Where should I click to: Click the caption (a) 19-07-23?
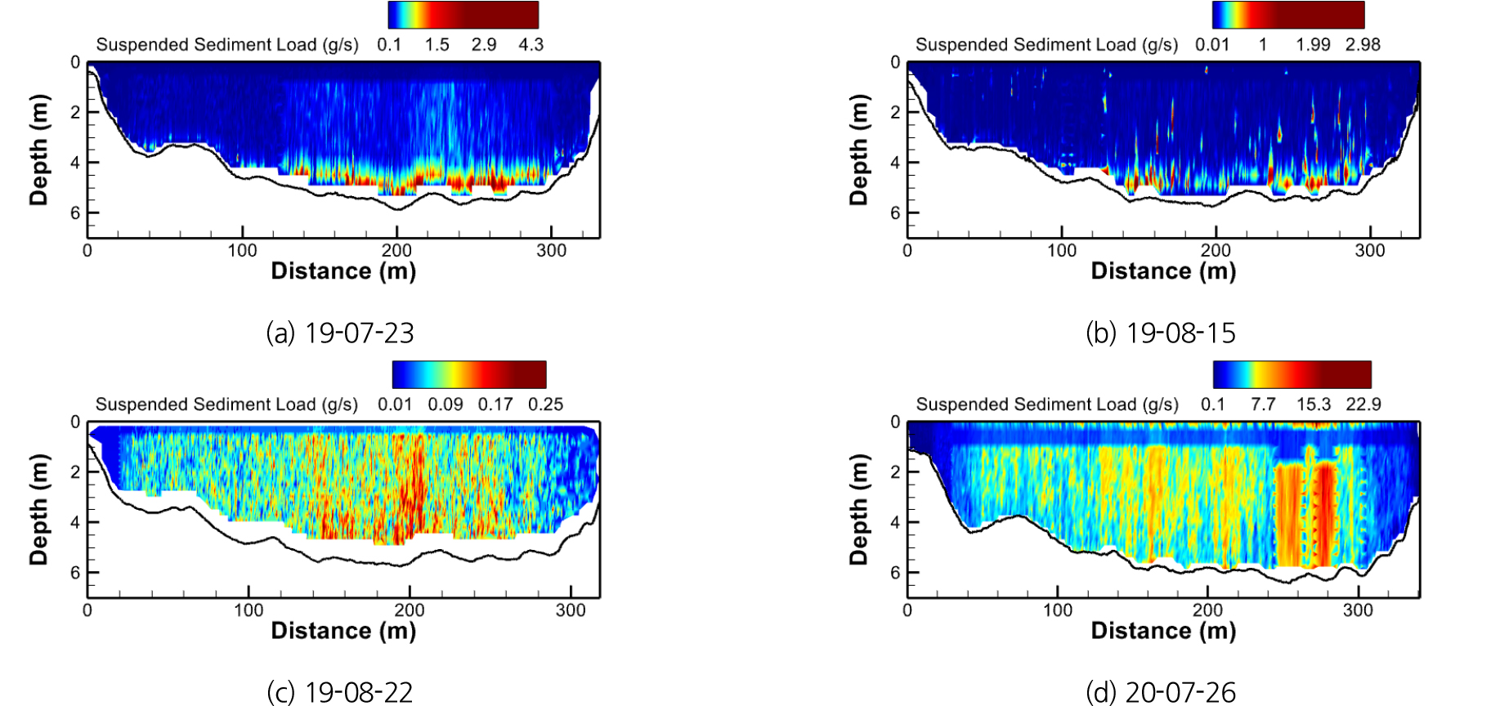340,333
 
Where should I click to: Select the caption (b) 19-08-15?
1160,333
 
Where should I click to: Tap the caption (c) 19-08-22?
340,692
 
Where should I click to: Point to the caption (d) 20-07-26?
1160,692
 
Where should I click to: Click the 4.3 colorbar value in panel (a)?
531,45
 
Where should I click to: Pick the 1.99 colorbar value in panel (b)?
1313,45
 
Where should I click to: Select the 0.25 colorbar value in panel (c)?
545,404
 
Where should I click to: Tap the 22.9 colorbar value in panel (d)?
1363,404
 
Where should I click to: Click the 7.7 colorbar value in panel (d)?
1263,404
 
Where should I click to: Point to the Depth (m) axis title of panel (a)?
38,150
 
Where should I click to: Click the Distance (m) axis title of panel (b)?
1163,271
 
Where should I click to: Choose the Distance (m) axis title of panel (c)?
343,631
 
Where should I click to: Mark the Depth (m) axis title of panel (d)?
858,509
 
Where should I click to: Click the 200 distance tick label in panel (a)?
397,251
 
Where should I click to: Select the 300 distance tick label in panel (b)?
1370,251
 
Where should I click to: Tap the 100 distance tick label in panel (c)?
249,610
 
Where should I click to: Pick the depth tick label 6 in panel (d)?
895,573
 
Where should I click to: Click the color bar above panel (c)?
469,374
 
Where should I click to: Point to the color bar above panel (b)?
1288,15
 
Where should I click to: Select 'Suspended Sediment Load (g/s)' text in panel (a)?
227,45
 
